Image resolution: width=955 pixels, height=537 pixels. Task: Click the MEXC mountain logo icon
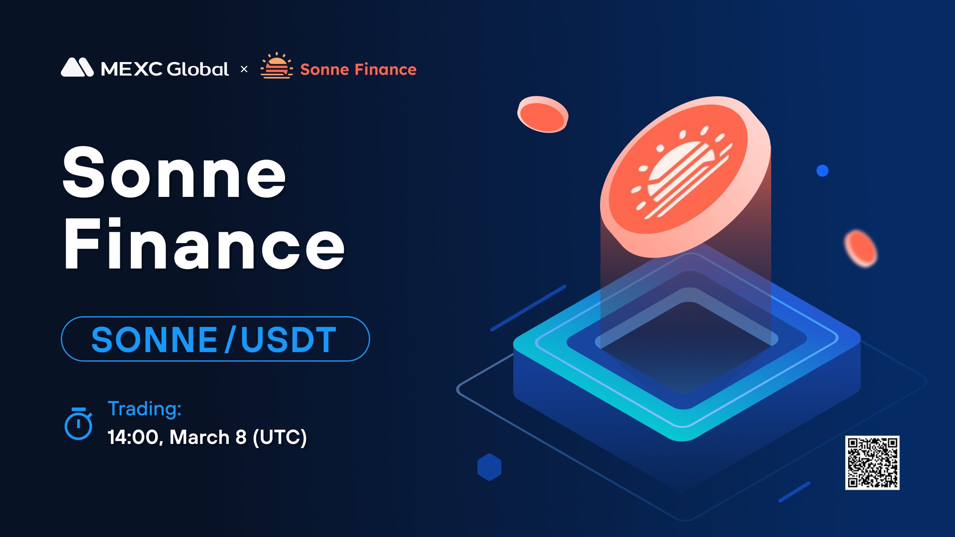click(77, 67)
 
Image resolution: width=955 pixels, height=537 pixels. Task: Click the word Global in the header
click(198, 69)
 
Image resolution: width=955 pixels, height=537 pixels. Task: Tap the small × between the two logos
click(244, 69)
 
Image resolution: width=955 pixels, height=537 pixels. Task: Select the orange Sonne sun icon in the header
click(277, 66)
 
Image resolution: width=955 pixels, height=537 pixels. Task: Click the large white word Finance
click(204, 243)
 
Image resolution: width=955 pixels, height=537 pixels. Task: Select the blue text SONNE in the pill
click(154, 339)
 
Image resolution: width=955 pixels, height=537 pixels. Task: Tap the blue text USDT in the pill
click(289, 339)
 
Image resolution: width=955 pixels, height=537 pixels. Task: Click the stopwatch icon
click(78, 423)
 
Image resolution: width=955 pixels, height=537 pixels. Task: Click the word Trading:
click(144, 409)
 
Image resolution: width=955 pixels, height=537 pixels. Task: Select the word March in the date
click(199, 437)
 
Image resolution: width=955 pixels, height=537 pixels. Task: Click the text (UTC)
click(280, 437)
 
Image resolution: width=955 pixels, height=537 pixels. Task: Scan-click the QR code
click(872, 463)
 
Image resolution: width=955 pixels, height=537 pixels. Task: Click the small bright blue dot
click(822, 171)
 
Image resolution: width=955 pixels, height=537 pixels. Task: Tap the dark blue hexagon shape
click(489, 467)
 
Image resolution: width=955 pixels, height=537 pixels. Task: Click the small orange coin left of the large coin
click(543, 114)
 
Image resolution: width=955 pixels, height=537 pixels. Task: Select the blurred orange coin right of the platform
click(861, 248)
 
